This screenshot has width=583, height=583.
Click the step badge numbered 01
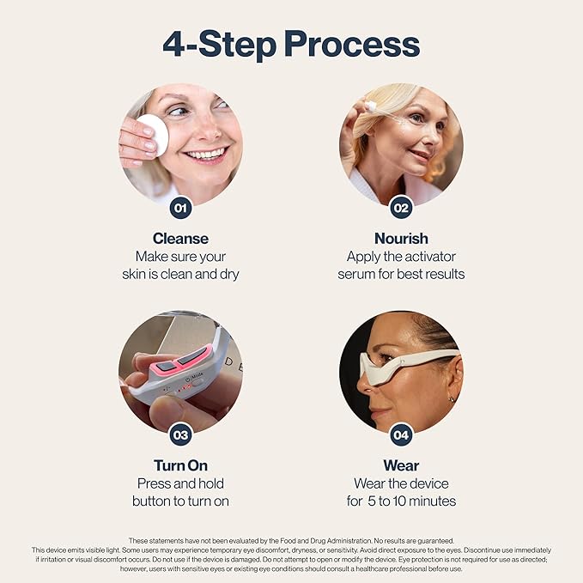(x=180, y=207)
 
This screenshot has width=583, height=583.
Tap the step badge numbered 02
(x=401, y=207)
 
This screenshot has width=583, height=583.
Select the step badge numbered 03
(x=180, y=434)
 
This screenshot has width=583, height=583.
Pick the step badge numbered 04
(x=401, y=434)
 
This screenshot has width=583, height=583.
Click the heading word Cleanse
(x=180, y=238)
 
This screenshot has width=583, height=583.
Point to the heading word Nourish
(x=401, y=238)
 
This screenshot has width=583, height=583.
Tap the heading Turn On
(x=180, y=465)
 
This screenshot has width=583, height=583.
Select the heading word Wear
(x=401, y=465)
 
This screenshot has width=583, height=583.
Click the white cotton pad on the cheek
(x=153, y=134)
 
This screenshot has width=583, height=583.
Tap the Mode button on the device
(x=189, y=375)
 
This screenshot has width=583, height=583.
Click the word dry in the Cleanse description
(x=228, y=274)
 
